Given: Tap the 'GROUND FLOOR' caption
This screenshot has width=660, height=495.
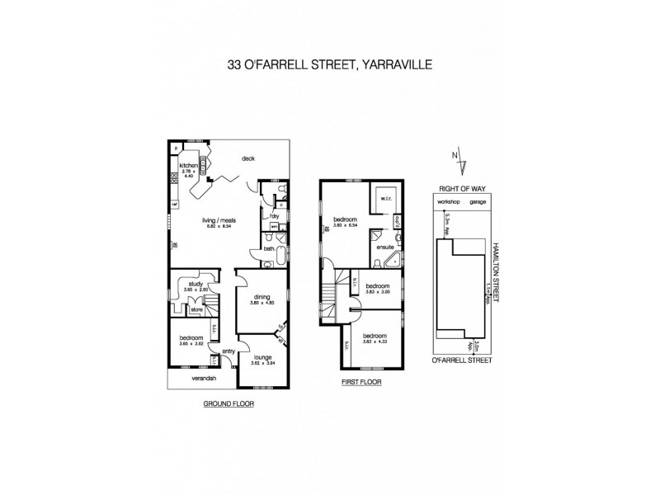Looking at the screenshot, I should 229,404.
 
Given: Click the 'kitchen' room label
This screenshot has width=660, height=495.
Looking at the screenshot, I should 189,166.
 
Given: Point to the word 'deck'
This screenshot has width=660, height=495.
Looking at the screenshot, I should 247,159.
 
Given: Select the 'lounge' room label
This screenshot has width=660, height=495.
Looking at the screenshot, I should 262,356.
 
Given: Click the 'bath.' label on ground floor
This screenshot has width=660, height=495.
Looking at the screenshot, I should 270,248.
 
